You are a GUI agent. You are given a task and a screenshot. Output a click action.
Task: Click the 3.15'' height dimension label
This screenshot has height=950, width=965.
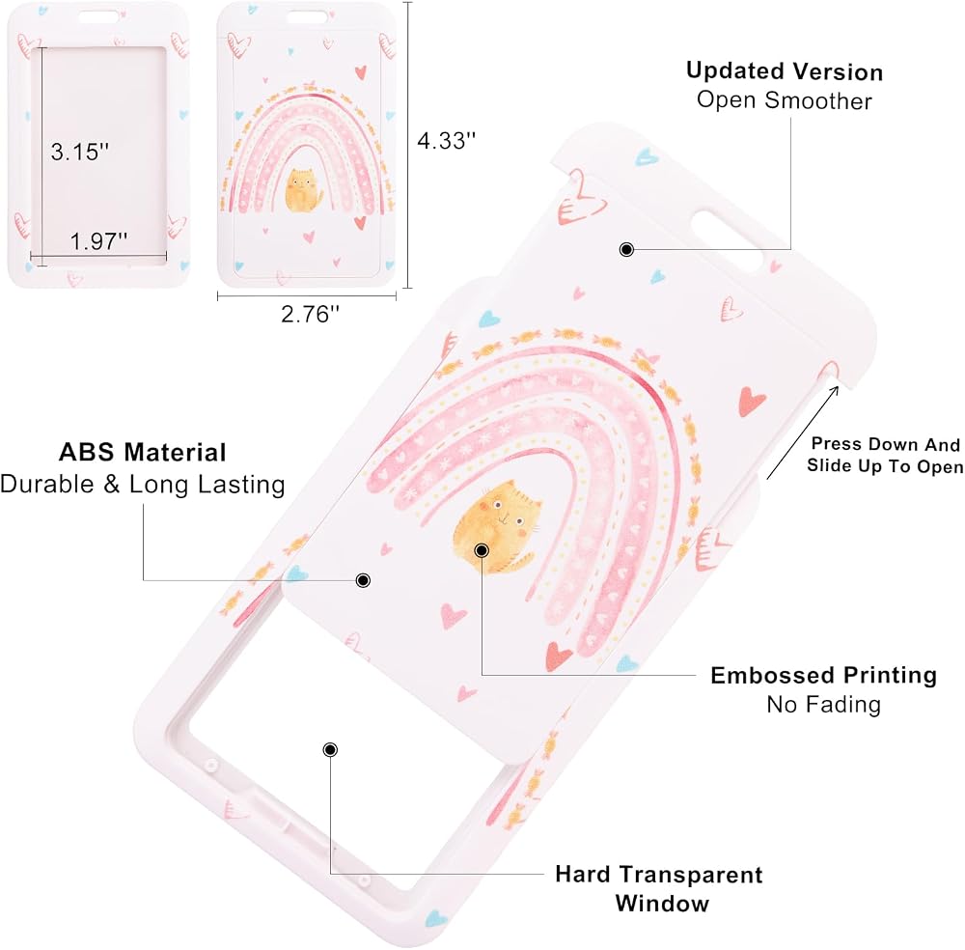tap(79, 152)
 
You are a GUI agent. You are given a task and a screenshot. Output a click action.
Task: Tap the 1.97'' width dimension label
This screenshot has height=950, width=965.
tap(98, 240)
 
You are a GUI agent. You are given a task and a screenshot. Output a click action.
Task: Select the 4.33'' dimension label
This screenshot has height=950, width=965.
tap(446, 141)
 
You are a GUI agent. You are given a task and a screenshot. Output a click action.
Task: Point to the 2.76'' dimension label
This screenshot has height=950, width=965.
tap(310, 314)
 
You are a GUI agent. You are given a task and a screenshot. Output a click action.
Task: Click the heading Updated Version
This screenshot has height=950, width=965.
tap(785, 71)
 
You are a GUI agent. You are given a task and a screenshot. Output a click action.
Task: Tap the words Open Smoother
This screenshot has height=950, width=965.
tap(784, 100)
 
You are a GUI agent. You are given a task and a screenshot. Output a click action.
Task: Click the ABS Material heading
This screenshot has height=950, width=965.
tap(143, 453)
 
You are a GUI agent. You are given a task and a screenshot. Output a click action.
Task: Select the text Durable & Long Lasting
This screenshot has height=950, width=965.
tap(143, 485)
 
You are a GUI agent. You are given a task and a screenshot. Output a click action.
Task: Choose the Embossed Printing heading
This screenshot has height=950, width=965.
tap(823, 676)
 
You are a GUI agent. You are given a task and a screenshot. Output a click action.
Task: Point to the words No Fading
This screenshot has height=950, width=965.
tap(823, 704)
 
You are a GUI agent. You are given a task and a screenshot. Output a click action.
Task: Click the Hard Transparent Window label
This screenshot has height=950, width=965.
tap(659, 888)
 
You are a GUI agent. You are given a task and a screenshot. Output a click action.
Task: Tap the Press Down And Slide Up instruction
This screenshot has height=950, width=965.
tap(885, 455)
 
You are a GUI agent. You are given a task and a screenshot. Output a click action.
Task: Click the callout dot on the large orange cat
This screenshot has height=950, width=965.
tap(482, 549)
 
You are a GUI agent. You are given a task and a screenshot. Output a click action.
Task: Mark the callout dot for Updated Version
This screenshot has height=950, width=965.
tap(626, 249)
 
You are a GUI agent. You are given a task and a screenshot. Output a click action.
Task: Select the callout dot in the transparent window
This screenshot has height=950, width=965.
tap(330, 749)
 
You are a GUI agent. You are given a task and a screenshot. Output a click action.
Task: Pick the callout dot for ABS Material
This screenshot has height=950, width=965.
tap(363, 580)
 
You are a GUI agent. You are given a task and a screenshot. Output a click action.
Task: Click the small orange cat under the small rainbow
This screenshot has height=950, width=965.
tap(304, 190)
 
